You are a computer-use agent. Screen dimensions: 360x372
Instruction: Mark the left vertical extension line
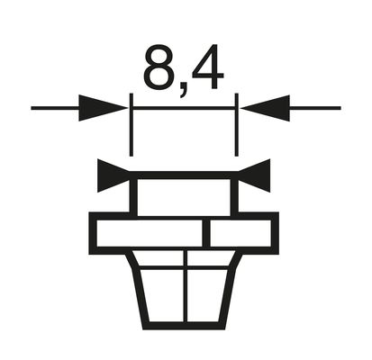(x=132, y=126)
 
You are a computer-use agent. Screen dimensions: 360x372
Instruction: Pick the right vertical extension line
(x=237, y=126)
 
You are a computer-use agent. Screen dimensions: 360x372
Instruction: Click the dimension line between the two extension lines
(x=184, y=109)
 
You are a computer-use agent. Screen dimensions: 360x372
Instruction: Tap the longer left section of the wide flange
(x=149, y=233)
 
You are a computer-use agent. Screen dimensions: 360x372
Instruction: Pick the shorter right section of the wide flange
(x=240, y=233)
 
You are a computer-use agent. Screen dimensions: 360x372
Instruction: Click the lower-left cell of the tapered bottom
(x=161, y=293)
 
